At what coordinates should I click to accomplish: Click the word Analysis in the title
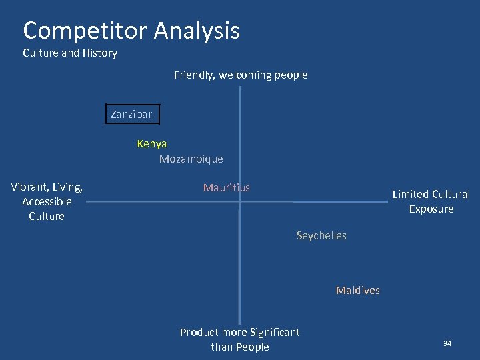pyautogui.click(x=197, y=31)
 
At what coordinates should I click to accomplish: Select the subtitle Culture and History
pyautogui.click(x=70, y=53)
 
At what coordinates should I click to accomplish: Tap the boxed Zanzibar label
pyautogui.click(x=131, y=114)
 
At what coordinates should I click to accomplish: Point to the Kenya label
pyautogui.click(x=152, y=143)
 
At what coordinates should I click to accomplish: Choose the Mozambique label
pyautogui.click(x=191, y=159)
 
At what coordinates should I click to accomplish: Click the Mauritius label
pyautogui.click(x=227, y=187)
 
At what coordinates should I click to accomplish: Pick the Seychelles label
pyautogui.click(x=321, y=235)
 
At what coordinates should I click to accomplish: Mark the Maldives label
pyautogui.click(x=358, y=290)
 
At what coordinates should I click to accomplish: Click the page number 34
pyautogui.click(x=447, y=343)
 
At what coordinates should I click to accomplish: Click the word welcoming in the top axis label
pyautogui.click(x=246, y=75)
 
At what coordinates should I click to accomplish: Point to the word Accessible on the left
pyautogui.click(x=47, y=201)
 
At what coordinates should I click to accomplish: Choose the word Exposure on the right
pyautogui.click(x=431, y=209)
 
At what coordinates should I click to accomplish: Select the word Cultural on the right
pyautogui.click(x=451, y=194)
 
